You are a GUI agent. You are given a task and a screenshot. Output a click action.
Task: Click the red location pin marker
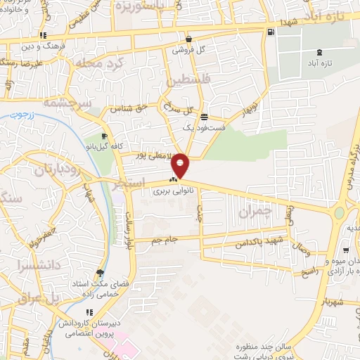click(181, 164)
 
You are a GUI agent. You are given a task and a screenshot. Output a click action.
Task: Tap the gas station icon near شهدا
click(271, 32)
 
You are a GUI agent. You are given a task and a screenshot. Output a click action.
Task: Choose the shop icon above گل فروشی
click(188, 39)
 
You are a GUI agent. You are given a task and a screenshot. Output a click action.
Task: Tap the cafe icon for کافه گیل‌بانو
click(104, 136)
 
